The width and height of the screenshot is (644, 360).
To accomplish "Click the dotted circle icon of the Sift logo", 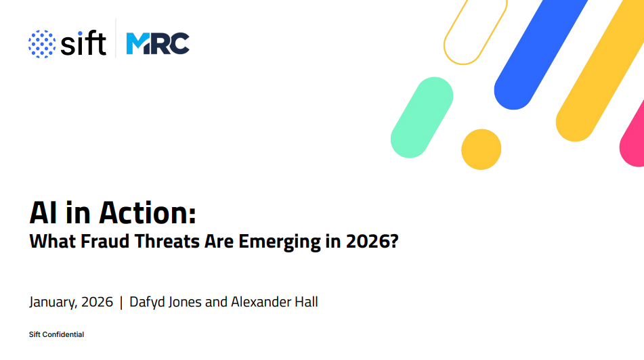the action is pyautogui.click(x=42, y=44).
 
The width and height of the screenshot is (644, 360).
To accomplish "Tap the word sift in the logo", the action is pyautogui.click(x=83, y=43).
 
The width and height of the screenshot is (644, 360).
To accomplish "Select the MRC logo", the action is pyautogui.click(x=158, y=43).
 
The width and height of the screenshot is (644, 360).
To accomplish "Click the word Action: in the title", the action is pyautogui.click(x=148, y=213).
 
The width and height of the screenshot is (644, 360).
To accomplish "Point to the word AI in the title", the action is pyautogui.click(x=43, y=213).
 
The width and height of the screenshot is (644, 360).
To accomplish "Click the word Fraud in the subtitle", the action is pyautogui.click(x=105, y=241).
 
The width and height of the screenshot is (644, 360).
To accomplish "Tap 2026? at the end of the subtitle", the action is pyautogui.click(x=372, y=241).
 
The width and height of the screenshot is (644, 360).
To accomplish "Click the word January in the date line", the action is pyautogui.click(x=53, y=302).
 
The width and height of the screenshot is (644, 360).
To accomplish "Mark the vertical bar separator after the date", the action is pyautogui.click(x=121, y=302).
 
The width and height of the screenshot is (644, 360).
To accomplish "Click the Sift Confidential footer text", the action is pyautogui.click(x=56, y=334).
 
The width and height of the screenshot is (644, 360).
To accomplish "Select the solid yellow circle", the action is pyautogui.click(x=481, y=150).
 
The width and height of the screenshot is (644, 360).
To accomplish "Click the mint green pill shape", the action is pyautogui.click(x=422, y=117).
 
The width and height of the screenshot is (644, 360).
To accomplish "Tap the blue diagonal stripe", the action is pyautogui.click(x=540, y=55).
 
